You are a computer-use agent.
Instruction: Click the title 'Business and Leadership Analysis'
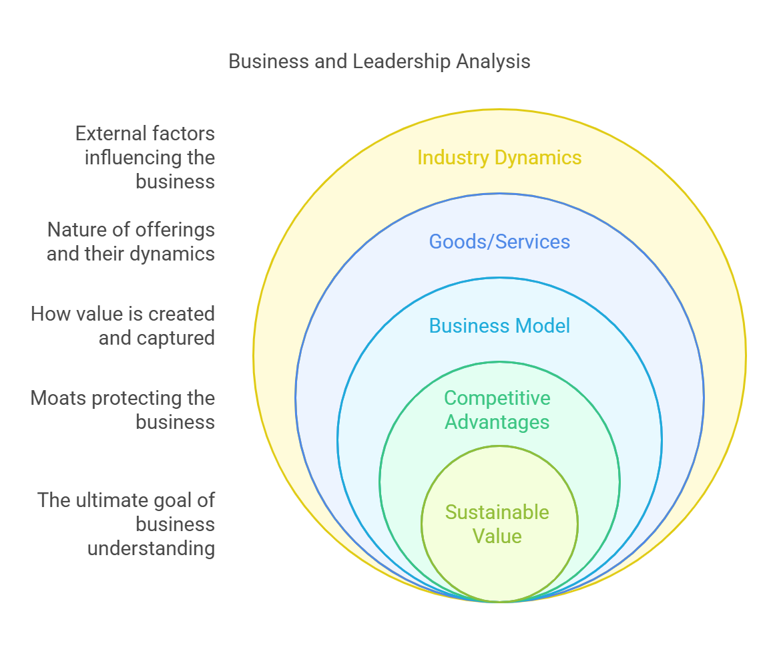[379, 61]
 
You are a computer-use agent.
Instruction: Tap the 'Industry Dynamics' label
[499, 158]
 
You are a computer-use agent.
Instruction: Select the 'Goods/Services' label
[499, 242]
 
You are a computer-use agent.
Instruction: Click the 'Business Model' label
[499, 326]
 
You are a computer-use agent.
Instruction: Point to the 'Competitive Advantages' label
[497, 410]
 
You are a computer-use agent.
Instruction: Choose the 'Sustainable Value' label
[497, 524]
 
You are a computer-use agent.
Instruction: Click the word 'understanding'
[152, 548]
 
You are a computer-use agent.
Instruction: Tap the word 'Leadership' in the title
[401, 61]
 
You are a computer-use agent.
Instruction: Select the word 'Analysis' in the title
[493, 61]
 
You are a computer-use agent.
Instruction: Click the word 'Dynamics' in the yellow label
[538, 158]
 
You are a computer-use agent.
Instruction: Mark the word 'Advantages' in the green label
[497, 422]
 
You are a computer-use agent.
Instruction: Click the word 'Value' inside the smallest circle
[497, 536]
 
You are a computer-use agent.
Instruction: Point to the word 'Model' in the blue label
[543, 326]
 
